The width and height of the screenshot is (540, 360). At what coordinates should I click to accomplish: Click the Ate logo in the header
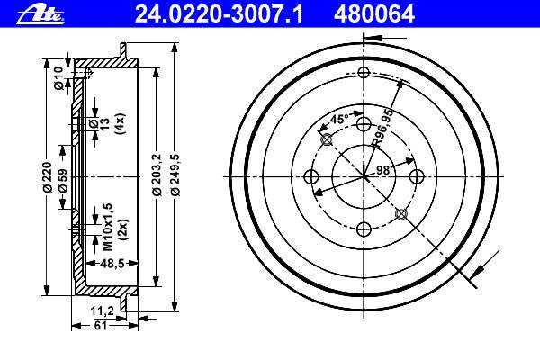40,15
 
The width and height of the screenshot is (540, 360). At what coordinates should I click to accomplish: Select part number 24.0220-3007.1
219,14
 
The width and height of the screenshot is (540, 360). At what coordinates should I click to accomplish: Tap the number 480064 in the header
374,14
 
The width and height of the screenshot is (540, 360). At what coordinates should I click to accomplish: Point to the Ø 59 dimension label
63,181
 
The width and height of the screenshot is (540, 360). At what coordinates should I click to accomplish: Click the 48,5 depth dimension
112,264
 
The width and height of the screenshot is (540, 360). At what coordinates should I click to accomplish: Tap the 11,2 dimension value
103,311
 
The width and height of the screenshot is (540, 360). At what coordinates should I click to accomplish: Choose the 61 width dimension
101,325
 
